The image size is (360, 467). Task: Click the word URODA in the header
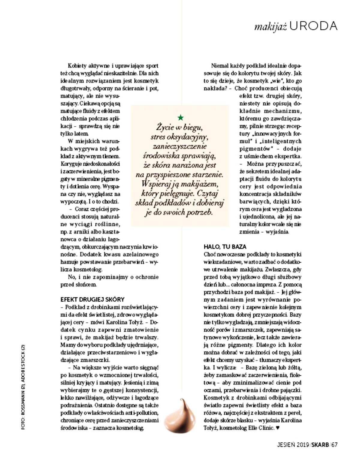[314, 26]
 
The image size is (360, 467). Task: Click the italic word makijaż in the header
[271, 27]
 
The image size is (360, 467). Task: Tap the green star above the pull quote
[180, 117]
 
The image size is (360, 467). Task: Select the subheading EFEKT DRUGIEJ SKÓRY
[92, 300]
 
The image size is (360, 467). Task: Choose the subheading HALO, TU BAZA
[225, 247]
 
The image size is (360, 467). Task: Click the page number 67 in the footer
[335, 444]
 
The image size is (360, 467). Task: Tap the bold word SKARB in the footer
[320, 444]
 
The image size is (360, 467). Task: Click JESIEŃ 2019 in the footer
[293, 444]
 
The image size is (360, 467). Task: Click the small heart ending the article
[277, 428]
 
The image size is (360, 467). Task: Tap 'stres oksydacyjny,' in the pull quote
[180, 137]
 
